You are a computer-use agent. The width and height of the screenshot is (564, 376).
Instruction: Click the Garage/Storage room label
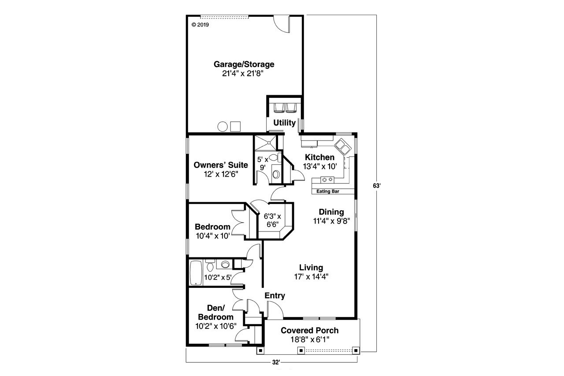point(244,64)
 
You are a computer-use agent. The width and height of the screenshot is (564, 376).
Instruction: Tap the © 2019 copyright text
point(200,25)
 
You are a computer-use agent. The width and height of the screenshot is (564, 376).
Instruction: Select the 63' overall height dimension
point(376,186)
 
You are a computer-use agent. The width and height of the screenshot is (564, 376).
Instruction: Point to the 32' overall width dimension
point(276,362)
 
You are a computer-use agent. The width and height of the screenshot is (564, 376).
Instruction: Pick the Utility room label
point(284,123)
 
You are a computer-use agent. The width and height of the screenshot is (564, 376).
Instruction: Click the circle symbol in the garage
point(223,127)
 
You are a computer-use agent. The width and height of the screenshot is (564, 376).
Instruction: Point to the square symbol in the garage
point(236,127)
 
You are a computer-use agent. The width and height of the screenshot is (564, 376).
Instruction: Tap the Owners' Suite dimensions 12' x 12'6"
point(221,174)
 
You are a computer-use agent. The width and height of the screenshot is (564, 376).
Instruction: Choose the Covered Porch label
point(310,331)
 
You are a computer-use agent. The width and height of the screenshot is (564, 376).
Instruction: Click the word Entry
point(275,296)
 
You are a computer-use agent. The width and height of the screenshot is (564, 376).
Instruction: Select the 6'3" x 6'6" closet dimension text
point(272,220)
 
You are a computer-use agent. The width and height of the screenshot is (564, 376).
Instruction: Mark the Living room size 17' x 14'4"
point(311,276)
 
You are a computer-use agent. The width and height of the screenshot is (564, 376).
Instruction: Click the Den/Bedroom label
point(215,313)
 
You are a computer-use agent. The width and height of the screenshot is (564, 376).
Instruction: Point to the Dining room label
point(331,212)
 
